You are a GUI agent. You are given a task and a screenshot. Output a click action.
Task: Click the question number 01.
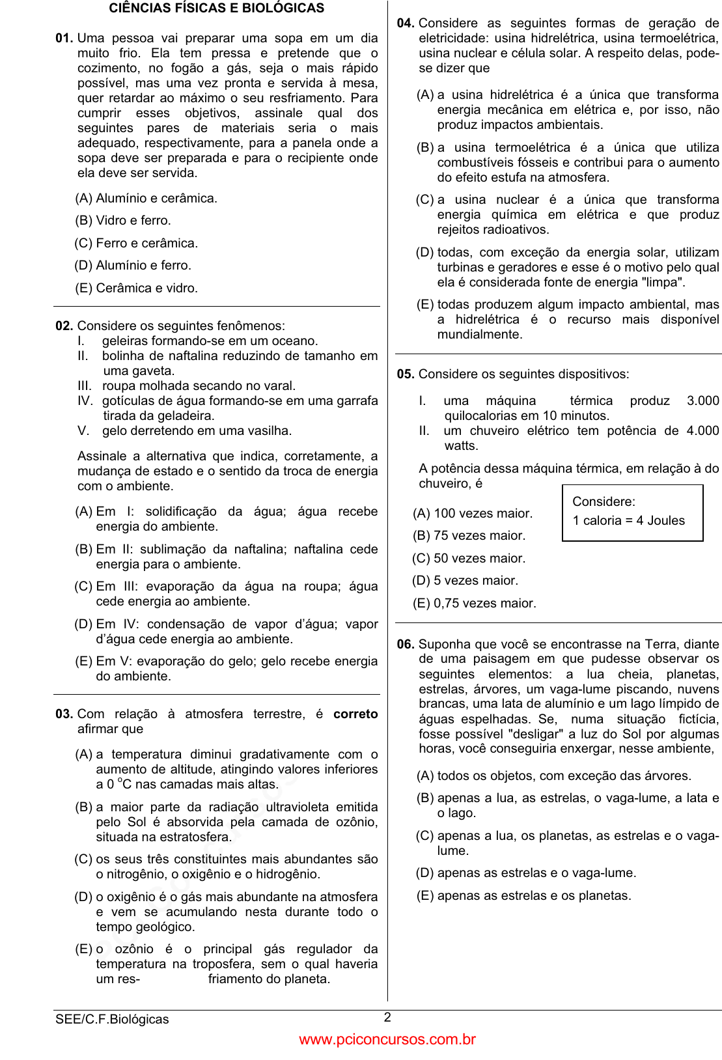point(64,38)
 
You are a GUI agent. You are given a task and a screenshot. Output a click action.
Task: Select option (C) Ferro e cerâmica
point(136,244)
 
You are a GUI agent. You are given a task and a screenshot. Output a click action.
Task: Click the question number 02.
point(64,326)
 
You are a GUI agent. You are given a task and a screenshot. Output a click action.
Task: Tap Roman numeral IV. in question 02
point(85,401)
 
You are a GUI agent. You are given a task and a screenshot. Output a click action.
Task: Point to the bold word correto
point(355,714)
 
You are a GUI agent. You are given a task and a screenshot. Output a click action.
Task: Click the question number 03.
point(64,714)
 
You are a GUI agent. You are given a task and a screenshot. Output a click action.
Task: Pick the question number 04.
point(406,23)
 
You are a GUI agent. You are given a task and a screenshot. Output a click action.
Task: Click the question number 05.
point(406,374)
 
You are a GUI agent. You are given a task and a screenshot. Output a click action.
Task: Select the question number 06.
point(406,645)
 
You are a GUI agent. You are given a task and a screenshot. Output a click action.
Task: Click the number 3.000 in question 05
point(702,401)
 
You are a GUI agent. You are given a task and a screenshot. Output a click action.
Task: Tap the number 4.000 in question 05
point(702,431)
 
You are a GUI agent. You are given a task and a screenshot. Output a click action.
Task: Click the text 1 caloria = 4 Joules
point(628,521)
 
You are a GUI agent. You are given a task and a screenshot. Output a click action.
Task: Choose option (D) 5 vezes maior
point(465,581)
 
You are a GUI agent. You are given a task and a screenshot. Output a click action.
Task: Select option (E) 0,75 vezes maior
point(474,604)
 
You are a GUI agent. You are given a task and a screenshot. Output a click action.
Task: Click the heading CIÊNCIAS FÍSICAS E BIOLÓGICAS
point(216,8)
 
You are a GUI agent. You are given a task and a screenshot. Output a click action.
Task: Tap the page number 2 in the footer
point(387,1018)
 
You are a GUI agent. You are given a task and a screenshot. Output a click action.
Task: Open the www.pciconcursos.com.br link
point(387,1040)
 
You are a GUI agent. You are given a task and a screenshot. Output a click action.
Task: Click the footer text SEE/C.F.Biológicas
point(112,1020)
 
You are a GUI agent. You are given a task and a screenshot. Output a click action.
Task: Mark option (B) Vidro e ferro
point(123,221)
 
